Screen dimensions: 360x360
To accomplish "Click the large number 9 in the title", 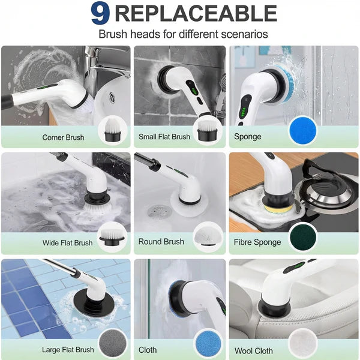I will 100,14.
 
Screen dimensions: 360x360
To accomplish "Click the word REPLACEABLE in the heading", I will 195,14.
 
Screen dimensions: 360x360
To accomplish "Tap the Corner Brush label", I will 63,137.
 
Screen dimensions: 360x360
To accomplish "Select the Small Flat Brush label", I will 164,137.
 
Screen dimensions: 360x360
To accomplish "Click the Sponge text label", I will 248,137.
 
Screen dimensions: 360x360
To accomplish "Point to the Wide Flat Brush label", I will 67,243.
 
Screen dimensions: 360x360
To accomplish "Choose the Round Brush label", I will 161,242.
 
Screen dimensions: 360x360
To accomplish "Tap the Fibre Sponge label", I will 257,242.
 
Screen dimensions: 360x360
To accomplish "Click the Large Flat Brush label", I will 68,350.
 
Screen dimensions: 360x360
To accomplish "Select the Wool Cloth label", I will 253,350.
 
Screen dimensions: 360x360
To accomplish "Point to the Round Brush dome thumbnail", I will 207,237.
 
